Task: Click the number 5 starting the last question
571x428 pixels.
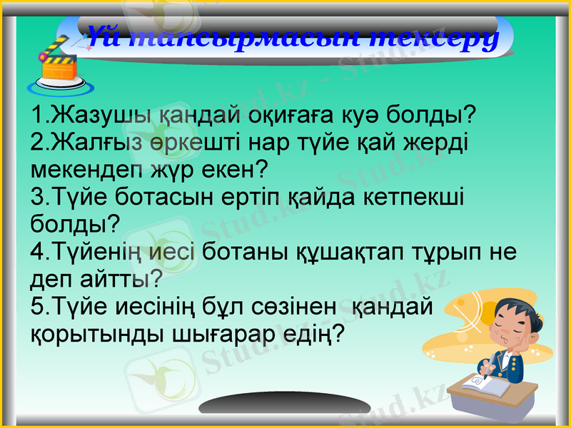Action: point(39,305)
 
